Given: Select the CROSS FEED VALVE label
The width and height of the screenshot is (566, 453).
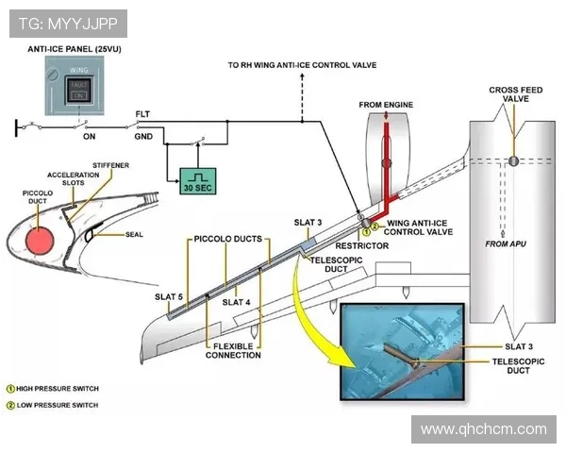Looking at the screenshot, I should (515, 93).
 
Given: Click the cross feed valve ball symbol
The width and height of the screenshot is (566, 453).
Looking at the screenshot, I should (512, 160).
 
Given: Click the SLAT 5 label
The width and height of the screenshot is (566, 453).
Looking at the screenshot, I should (167, 297).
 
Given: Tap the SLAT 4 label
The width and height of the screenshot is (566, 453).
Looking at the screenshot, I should (236, 303).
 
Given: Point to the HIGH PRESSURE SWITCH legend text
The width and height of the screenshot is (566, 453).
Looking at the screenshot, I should (58, 388).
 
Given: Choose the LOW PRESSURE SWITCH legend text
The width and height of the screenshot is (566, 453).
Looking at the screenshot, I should (57, 405).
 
